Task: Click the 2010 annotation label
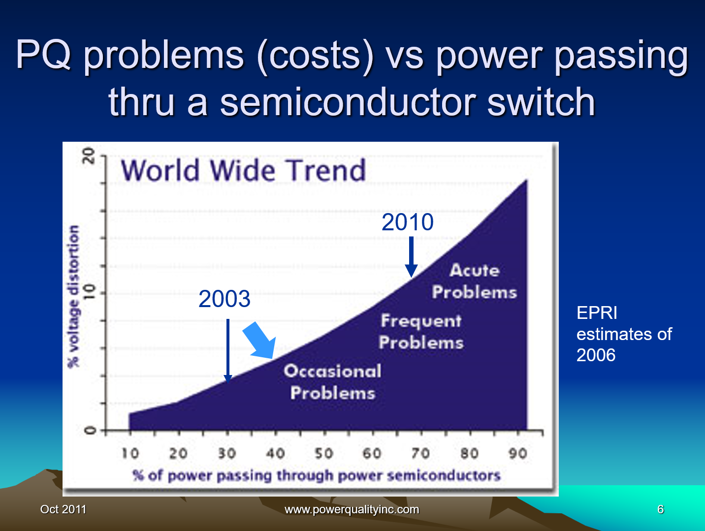[x=408, y=222]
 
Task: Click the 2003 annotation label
[x=224, y=299]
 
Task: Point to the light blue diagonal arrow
[x=260, y=341]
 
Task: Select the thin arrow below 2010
[x=411, y=256]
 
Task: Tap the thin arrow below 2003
[x=228, y=350]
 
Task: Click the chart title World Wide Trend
[x=243, y=170]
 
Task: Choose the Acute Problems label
[x=475, y=281]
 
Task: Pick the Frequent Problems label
[x=421, y=332]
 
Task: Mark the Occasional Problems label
[x=333, y=382]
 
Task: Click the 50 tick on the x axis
[x=324, y=453]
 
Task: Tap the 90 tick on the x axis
[x=517, y=453]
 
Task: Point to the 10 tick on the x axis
[x=130, y=453]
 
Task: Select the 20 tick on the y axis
[x=89, y=156]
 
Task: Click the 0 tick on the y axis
[x=90, y=431]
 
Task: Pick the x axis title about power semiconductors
[x=317, y=475]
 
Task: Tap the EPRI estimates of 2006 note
[x=624, y=334]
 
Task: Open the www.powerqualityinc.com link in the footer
[x=352, y=509]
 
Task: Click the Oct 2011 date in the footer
[x=63, y=509]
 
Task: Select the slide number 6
[x=661, y=509]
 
